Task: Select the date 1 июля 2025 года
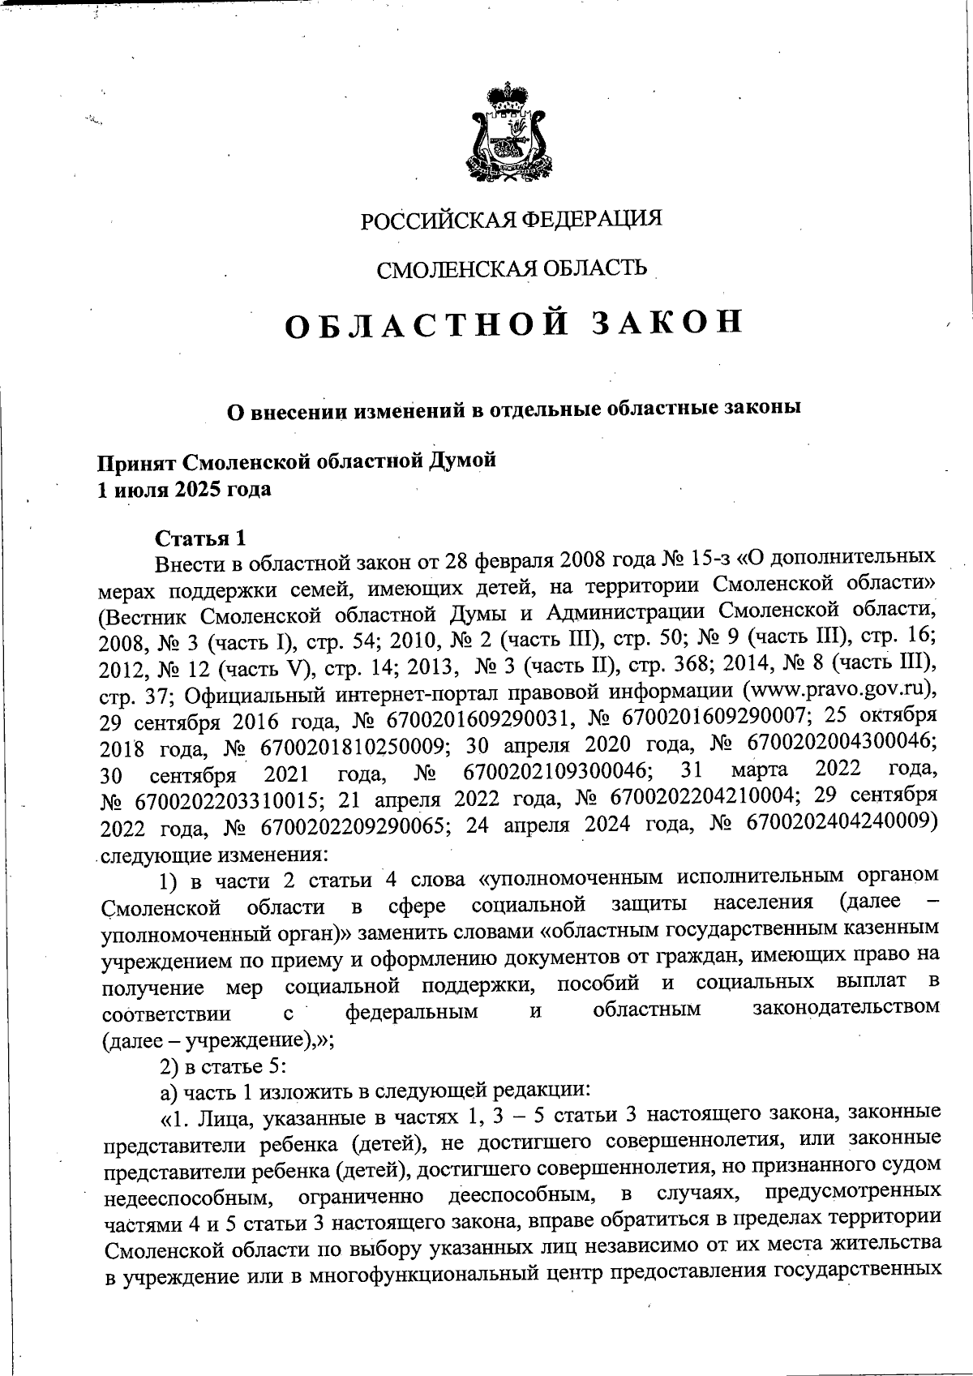click(x=184, y=490)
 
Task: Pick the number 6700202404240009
click(x=838, y=821)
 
